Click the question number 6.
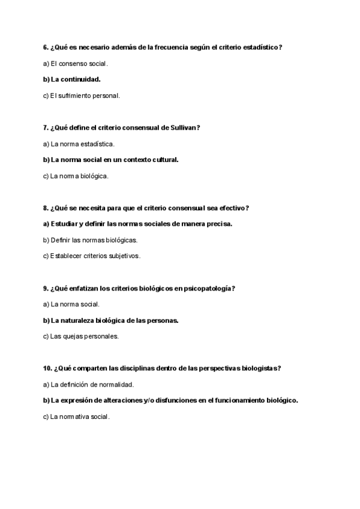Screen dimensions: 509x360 [46, 47]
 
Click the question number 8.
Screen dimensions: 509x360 [46, 208]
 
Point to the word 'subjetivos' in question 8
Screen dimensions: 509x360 [122, 256]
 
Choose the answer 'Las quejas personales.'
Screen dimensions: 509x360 [80, 337]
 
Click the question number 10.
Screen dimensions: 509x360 [47, 369]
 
